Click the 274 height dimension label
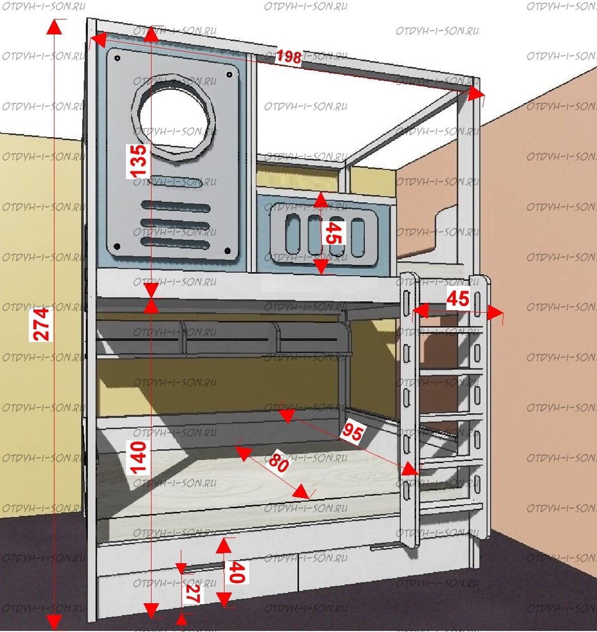42,324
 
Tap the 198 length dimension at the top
289,56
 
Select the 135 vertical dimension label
139,161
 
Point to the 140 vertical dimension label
139,456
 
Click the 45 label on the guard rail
334,233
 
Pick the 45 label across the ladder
457,298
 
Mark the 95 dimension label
353,432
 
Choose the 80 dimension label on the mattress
278,462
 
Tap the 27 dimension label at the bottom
193,593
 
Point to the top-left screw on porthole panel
118,59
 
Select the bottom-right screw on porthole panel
228,251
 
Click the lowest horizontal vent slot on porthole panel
175,240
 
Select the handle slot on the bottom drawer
203,566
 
